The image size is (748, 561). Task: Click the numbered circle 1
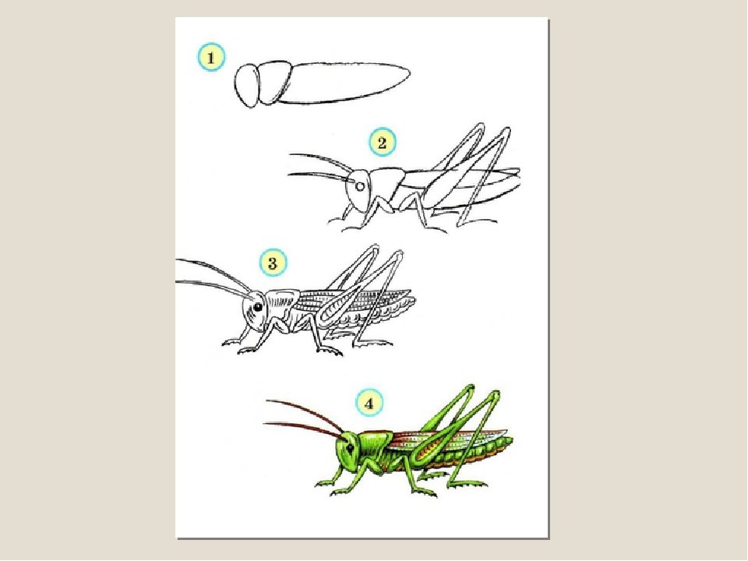coord(211,58)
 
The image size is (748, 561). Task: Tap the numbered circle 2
coord(382,142)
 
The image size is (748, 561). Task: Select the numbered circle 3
coord(273,263)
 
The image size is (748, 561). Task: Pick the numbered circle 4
coord(369,404)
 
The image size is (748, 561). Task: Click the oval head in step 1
coord(247,86)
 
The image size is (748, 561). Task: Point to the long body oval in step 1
coord(344,82)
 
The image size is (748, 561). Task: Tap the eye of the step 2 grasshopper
coord(361,185)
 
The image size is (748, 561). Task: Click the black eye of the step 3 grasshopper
coord(258,308)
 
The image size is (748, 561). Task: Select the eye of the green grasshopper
coord(351,448)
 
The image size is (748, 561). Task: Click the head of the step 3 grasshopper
coord(256,311)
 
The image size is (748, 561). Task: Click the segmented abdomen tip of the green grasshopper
coord(503,445)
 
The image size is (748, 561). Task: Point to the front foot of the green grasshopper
coord(324,483)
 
